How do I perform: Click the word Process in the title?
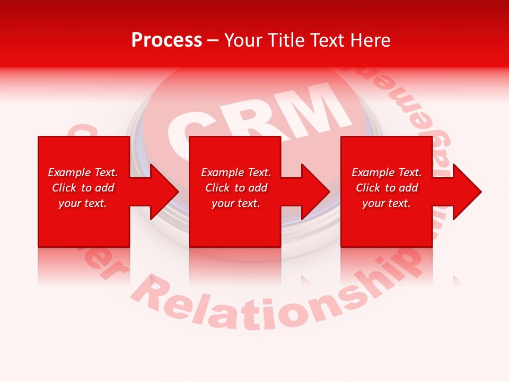(166, 40)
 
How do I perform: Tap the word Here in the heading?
(370, 40)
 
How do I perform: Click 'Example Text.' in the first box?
(83, 172)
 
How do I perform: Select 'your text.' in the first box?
(83, 203)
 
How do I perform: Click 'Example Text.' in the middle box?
(236, 172)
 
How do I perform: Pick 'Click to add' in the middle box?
(236, 188)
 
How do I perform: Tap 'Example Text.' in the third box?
(387, 172)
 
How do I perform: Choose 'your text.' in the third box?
(387, 203)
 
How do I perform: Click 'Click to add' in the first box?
(83, 188)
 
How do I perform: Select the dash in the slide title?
(213, 40)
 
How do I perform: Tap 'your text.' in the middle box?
(236, 203)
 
